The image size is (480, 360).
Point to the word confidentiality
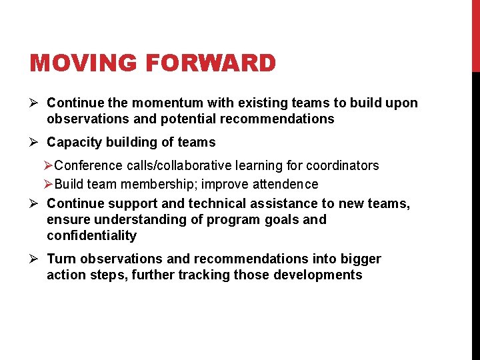coord(91,235)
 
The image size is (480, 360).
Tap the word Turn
coord(61,259)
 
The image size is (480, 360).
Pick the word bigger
coord(360,259)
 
